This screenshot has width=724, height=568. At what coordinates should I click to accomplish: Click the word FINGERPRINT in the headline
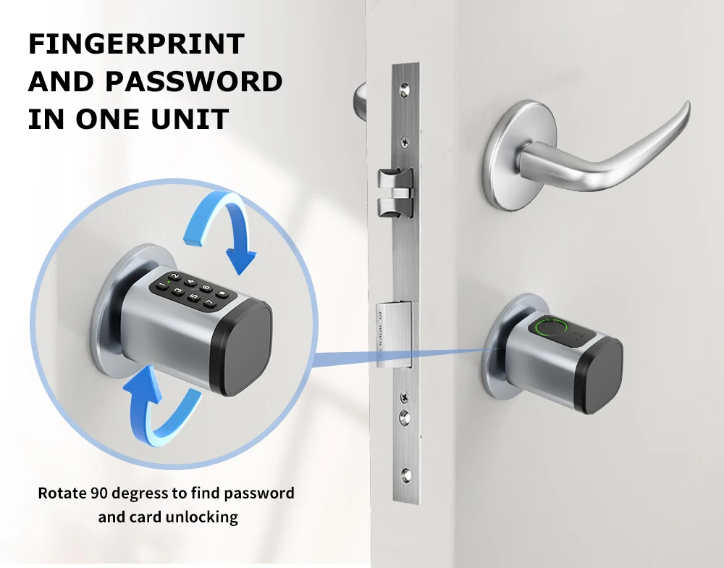(x=136, y=43)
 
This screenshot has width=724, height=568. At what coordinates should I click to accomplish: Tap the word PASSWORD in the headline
(x=194, y=81)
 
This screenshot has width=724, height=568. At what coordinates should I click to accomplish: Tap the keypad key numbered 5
(x=194, y=297)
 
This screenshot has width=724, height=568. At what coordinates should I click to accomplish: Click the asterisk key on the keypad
(x=223, y=293)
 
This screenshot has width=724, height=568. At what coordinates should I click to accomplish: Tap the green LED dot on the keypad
(x=169, y=281)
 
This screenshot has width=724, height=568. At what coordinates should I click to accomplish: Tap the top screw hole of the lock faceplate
(x=405, y=88)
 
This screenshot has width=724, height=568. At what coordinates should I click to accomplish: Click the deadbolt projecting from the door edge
(x=394, y=334)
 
